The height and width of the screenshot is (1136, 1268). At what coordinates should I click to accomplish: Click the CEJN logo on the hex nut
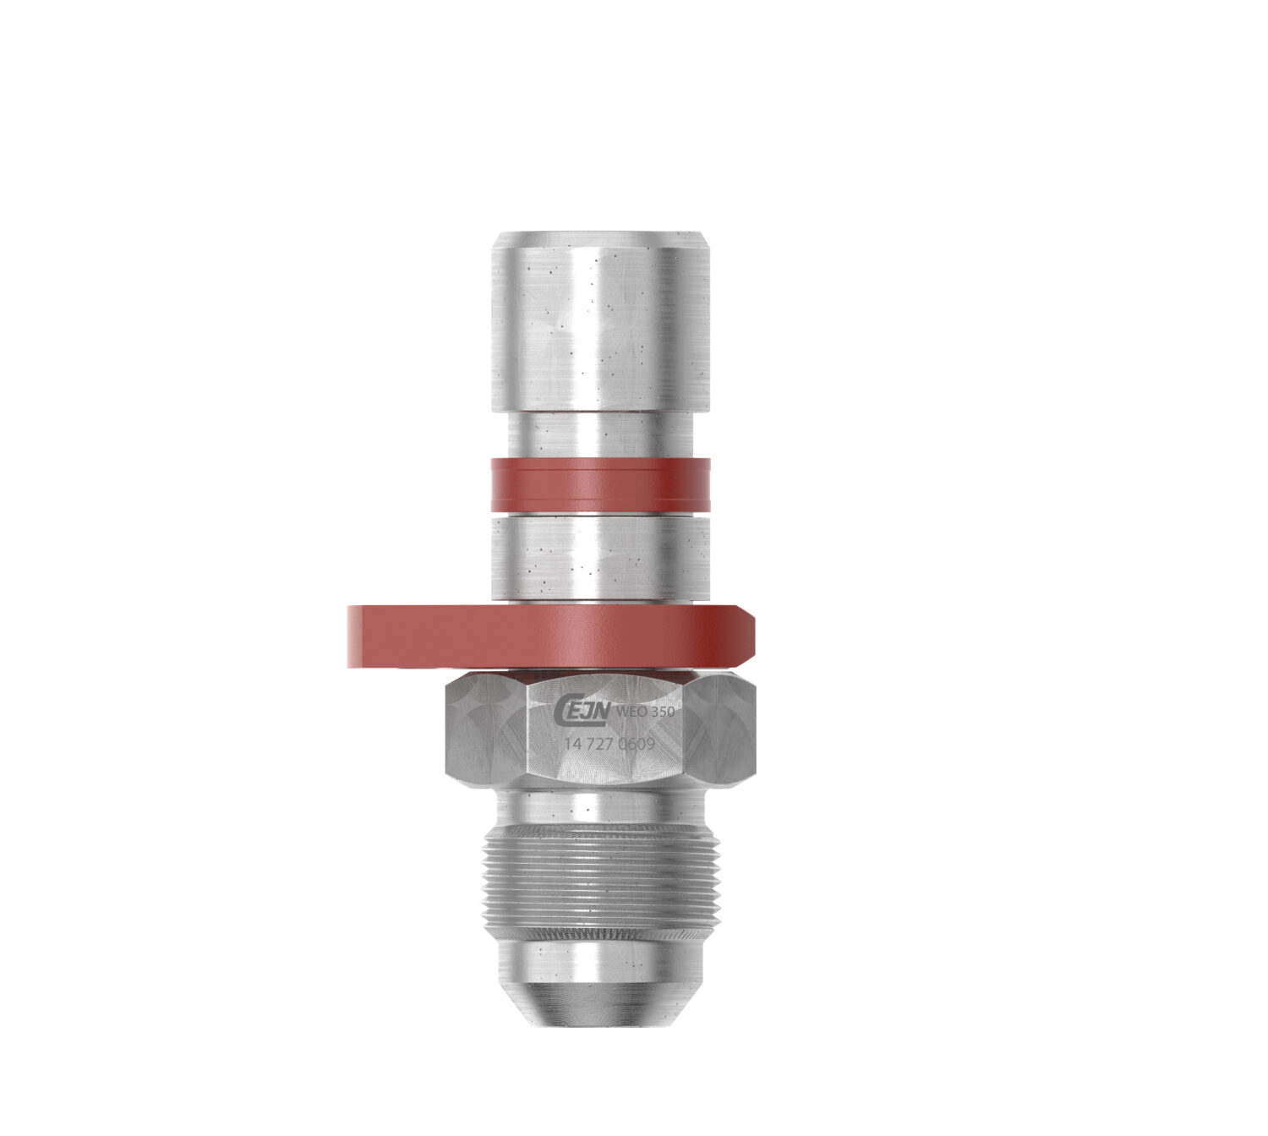586,713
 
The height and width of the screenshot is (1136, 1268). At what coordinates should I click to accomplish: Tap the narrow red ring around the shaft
601,484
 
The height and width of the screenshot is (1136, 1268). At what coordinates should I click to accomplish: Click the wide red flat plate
549,636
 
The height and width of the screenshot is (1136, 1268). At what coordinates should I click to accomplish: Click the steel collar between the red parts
601,558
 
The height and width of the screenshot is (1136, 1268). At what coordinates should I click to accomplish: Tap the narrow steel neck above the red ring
601,434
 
